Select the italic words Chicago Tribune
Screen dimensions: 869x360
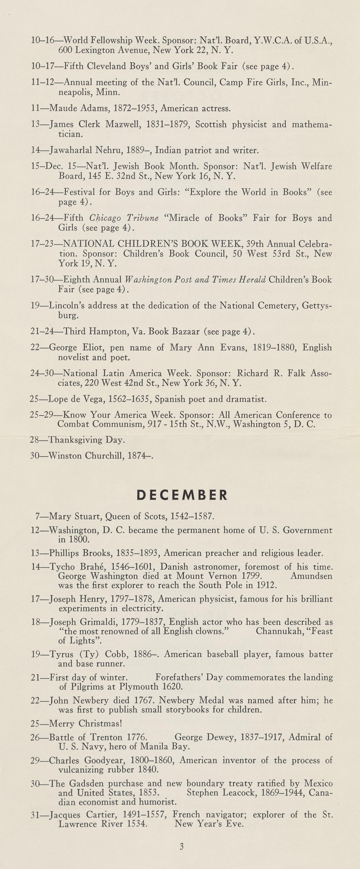coord(124,218)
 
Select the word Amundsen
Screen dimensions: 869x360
coord(311,576)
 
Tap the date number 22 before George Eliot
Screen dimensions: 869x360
coord(35,347)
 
